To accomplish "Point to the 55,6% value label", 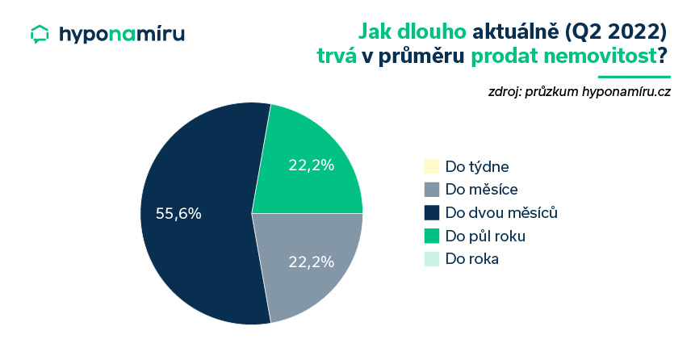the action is point(178,214).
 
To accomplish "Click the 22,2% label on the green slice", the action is point(311,165).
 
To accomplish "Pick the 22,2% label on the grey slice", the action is point(311,262).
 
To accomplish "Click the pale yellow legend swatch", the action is point(432,166).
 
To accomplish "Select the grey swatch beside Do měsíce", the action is point(432,190).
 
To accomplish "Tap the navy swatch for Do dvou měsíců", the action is point(432,212).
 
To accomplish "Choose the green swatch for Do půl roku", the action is point(432,236).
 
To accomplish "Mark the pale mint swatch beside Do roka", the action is point(432,258).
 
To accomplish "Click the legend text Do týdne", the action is point(477,167).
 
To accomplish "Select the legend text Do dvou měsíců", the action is point(501,212).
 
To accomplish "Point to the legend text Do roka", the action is point(472,258).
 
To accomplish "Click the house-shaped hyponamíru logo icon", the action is point(40,35).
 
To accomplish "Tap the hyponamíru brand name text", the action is point(122,35).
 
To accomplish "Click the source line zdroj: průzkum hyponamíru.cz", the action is point(579,92).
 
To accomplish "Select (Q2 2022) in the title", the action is point(616,31).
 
